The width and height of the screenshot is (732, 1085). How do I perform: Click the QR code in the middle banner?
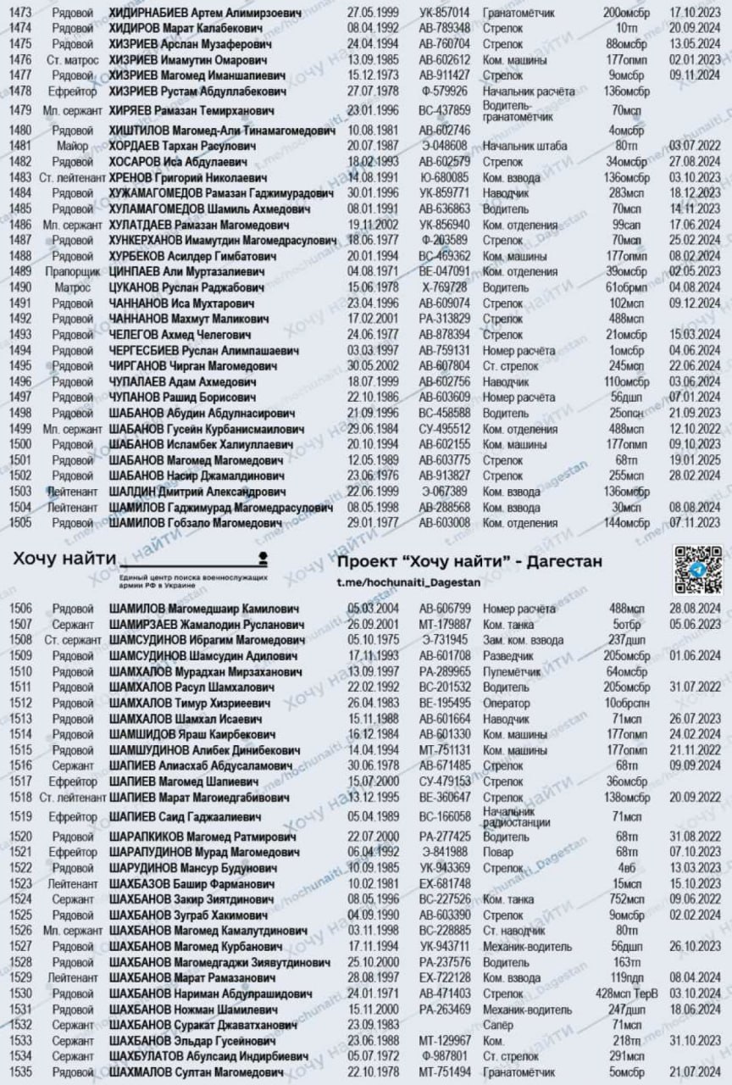(697, 568)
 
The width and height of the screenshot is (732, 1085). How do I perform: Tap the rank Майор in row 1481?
(73, 146)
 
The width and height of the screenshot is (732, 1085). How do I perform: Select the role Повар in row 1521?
(496, 852)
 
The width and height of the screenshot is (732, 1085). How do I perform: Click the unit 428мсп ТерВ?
(626, 993)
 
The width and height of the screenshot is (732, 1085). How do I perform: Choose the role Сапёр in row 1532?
(499, 1024)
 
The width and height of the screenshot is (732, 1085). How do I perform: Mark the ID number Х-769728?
(444, 287)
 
